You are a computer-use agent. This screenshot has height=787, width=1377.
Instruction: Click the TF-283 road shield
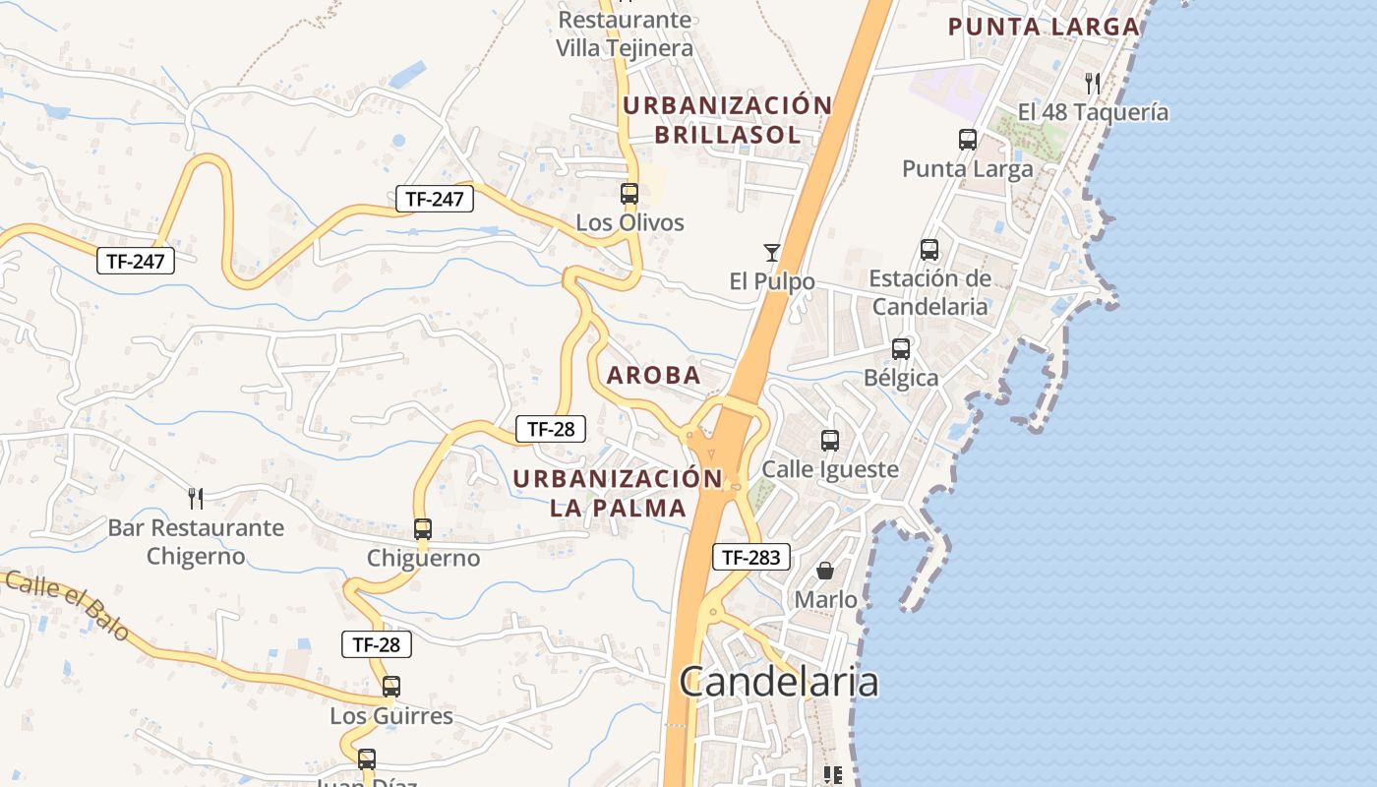click(750, 557)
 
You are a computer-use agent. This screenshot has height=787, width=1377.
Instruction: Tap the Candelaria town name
click(778, 681)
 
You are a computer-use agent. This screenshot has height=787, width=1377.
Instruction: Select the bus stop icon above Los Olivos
click(629, 194)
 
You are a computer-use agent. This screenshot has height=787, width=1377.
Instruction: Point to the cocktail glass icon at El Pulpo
click(772, 253)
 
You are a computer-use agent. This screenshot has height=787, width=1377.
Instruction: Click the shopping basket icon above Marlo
click(825, 571)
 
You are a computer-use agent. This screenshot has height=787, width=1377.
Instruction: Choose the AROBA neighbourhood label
click(654, 375)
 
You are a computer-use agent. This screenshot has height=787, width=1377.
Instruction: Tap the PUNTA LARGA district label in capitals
click(1044, 27)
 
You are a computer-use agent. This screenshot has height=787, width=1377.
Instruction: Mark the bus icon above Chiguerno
click(423, 529)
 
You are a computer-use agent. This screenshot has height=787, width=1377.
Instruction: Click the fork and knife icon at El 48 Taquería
click(1093, 83)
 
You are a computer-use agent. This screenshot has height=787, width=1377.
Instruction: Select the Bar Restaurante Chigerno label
click(196, 542)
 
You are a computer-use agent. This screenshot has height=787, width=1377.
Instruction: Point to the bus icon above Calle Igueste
click(830, 440)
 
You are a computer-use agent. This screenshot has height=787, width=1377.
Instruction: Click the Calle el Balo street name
click(67, 604)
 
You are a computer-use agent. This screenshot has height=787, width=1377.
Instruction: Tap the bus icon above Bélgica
click(901, 348)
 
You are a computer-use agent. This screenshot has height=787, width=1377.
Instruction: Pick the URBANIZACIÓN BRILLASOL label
click(728, 120)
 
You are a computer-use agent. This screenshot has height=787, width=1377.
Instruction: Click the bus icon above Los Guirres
click(391, 687)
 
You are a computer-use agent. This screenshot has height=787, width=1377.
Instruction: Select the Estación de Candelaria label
click(929, 292)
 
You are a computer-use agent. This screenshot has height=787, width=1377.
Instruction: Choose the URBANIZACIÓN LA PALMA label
click(618, 493)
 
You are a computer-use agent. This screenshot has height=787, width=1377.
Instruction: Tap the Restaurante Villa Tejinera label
click(625, 33)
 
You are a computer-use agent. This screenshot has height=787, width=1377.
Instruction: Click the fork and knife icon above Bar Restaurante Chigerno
click(196, 499)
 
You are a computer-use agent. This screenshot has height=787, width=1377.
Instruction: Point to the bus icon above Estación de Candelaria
click(929, 250)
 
